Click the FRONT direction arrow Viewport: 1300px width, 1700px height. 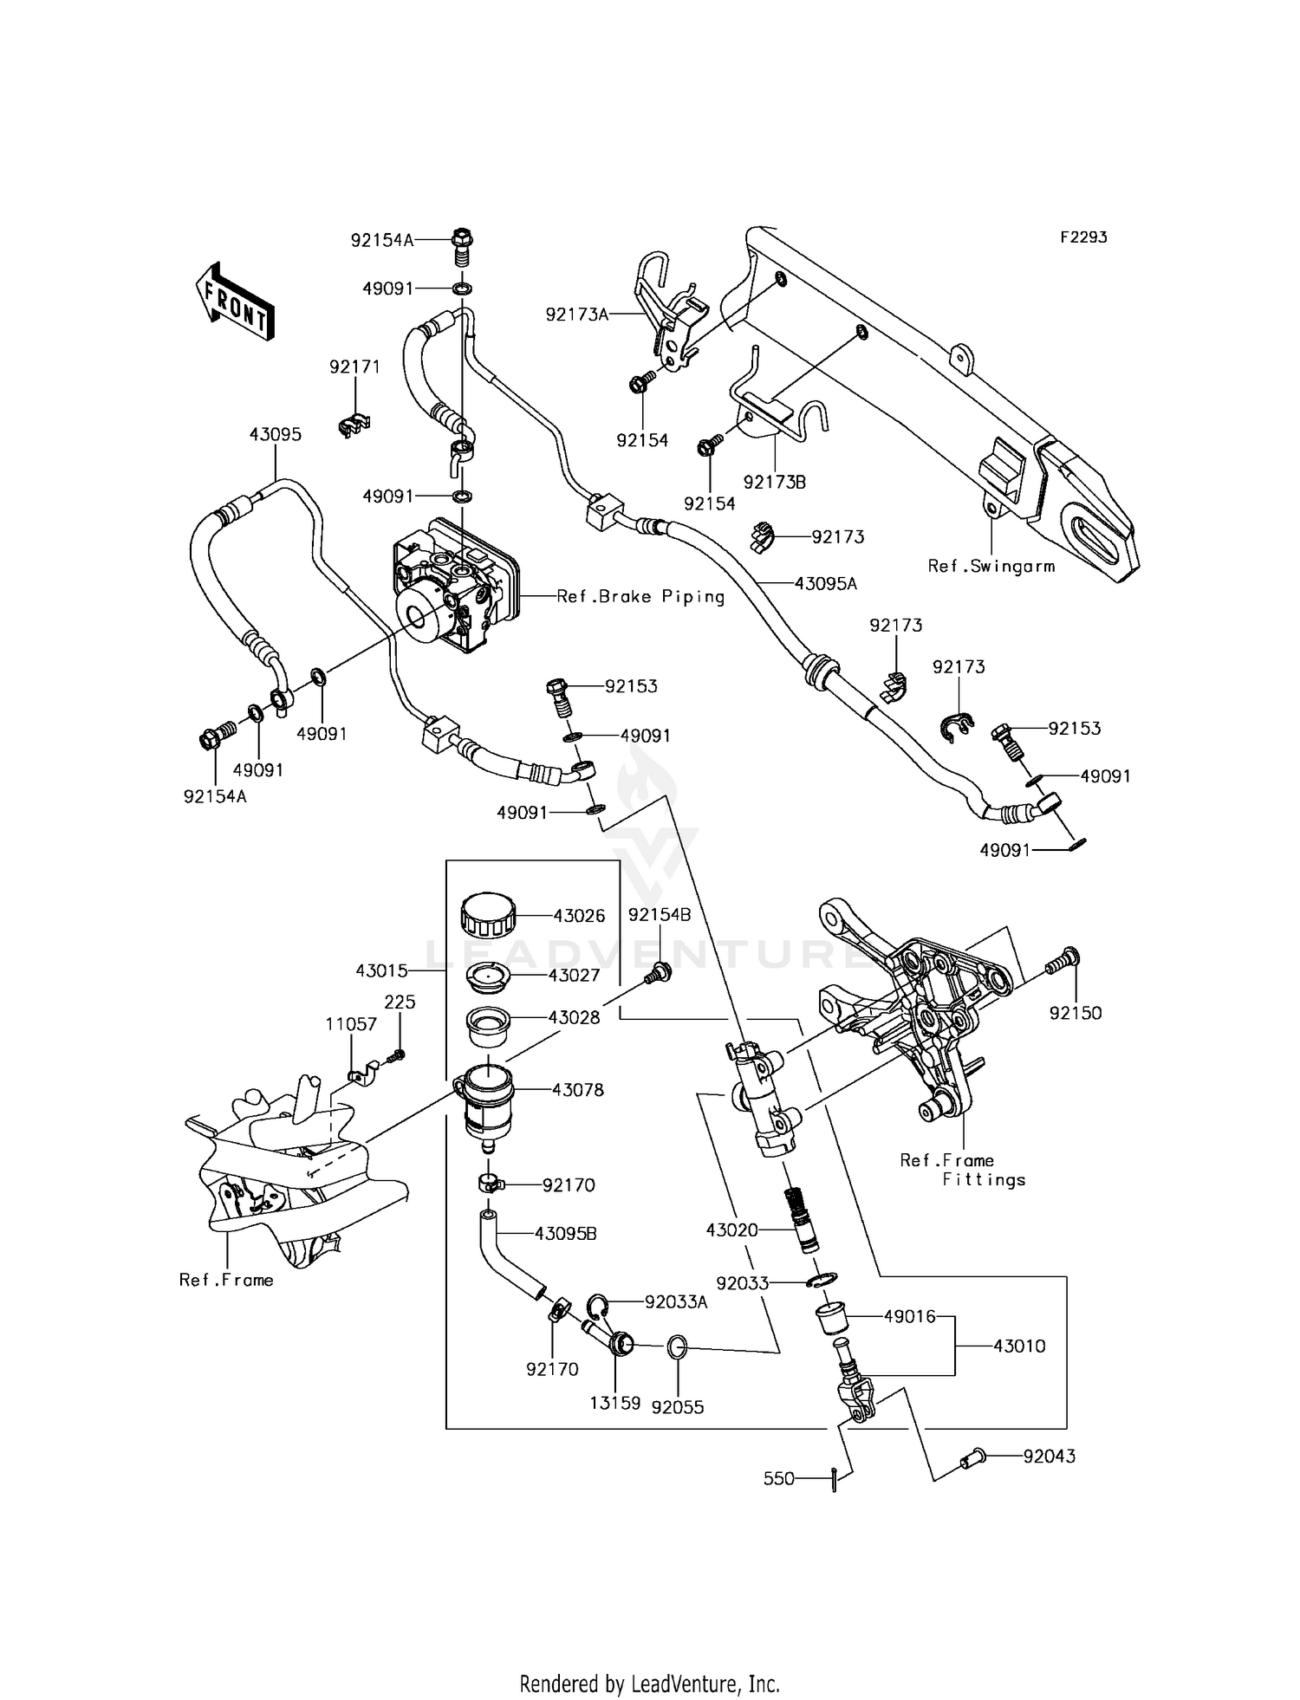tap(235, 303)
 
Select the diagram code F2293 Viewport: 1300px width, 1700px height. tap(1083, 237)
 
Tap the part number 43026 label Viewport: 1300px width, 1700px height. tap(579, 916)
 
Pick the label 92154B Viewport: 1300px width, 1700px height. tap(660, 915)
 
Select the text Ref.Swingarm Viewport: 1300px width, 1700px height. tap(991, 567)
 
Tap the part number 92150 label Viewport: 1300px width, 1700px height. tap(1076, 1013)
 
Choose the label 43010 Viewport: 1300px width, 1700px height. tap(1019, 1346)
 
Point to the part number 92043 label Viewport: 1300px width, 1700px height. tap(1049, 1457)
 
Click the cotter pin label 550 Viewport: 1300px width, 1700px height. tap(778, 1478)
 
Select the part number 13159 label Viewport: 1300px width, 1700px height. tap(614, 1402)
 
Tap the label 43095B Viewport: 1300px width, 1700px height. tap(565, 1233)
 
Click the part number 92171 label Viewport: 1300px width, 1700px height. tap(354, 367)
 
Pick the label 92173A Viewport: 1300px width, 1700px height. tap(577, 315)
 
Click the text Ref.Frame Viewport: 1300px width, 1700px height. tap(226, 1280)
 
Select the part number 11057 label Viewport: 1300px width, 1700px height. tap(351, 1024)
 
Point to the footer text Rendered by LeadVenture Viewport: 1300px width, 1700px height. tap(649, 1659)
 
